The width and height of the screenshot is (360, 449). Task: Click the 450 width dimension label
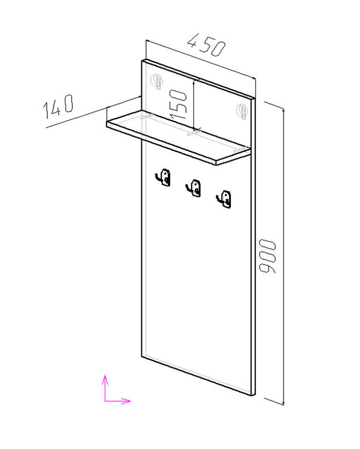coord(207,45)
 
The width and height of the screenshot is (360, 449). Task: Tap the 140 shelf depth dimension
coord(58,106)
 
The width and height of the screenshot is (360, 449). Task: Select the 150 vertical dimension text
coord(178,104)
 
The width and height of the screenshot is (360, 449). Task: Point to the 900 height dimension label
coord(267,256)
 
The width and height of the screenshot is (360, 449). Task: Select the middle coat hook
coord(193,188)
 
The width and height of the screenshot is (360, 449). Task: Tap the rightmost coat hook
coord(224,199)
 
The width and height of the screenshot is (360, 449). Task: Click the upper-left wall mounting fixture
coord(157,81)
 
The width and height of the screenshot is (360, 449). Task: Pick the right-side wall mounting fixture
coord(242,111)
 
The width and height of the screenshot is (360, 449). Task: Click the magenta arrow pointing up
coord(105,388)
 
